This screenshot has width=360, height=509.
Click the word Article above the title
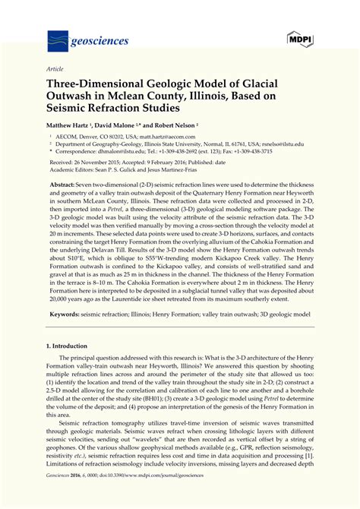(54, 68)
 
